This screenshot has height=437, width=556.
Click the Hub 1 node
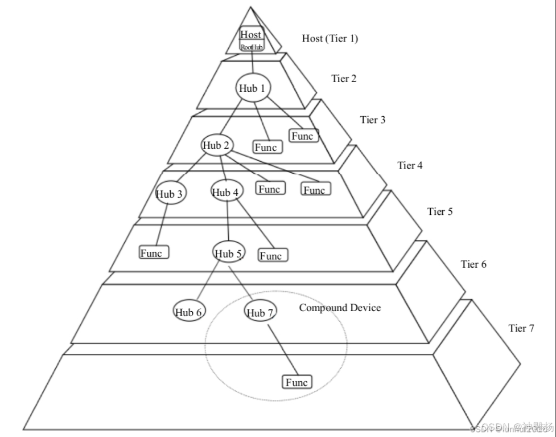[253, 88]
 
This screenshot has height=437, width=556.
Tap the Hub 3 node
[170, 194]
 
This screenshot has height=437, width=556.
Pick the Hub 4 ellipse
[226, 193]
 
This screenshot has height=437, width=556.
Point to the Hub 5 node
[229, 253]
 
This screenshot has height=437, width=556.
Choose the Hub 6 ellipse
[189, 312]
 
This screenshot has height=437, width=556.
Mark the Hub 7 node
[261, 312]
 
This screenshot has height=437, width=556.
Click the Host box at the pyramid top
[251, 35]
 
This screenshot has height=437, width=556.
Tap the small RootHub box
[252, 47]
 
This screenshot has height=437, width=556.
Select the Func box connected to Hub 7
[297, 382]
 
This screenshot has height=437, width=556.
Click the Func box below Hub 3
[154, 252]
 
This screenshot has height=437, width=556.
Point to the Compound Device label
[340, 308]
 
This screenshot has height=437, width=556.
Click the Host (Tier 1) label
[330, 39]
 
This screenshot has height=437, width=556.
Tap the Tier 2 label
[344, 79]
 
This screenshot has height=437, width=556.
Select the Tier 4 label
[410, 166]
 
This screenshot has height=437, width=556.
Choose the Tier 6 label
[473, 264]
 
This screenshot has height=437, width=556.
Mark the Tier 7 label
[521, 329]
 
